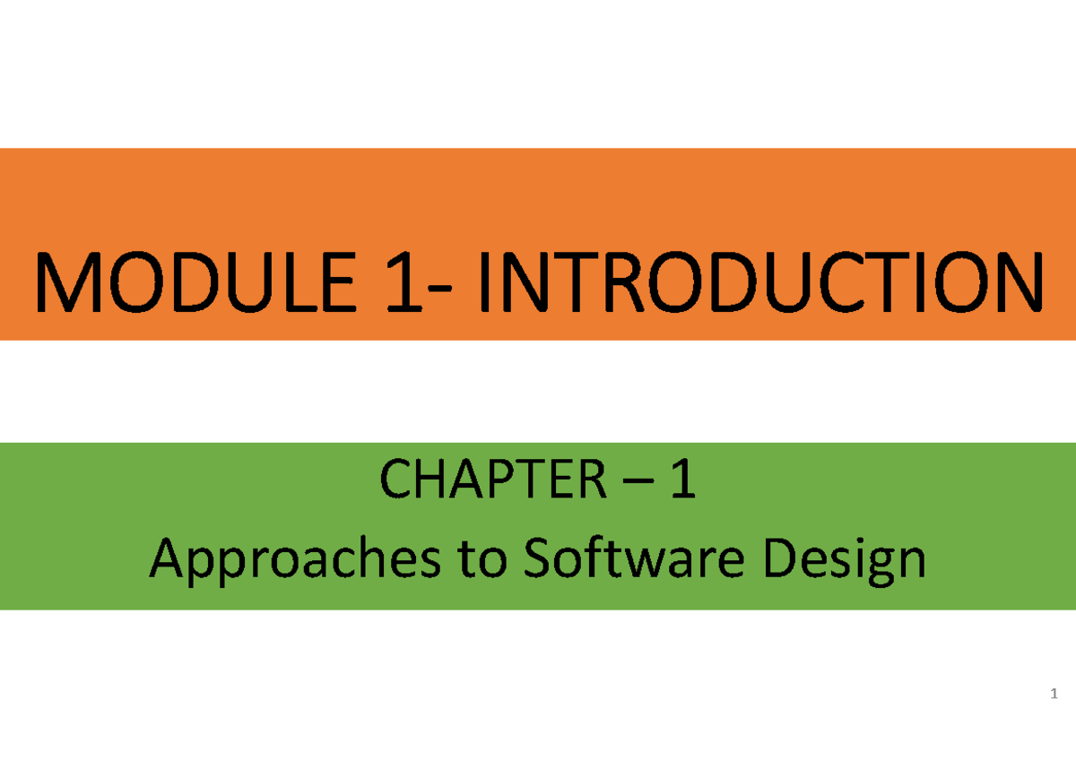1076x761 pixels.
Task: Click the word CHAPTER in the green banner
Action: point(492,484)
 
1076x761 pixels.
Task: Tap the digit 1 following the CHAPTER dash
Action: point(683,484)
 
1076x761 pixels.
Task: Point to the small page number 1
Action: point(1054,695)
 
